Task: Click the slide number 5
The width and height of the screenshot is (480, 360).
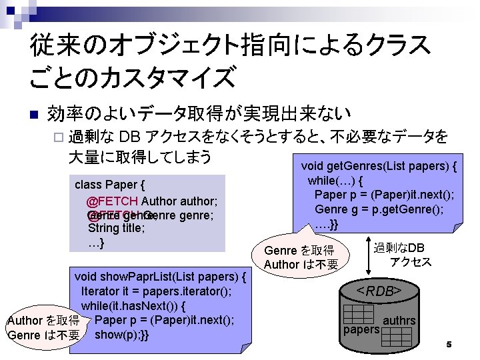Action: tap(449, 344)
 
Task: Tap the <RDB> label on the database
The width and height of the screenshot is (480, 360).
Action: tap(378, 291)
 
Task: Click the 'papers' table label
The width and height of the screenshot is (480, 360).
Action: tap(361, 329)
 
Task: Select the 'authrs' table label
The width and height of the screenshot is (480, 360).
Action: tap(399, 321)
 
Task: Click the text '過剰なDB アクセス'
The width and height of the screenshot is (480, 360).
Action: tap(403, 255)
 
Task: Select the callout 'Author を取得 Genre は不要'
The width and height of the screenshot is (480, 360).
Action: tap(43, 327)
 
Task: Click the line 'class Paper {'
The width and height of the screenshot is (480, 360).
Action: tap(110, 184)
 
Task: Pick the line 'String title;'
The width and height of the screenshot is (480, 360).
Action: tap(117, 228)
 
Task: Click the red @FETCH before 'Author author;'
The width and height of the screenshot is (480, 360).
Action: tap(112, 201)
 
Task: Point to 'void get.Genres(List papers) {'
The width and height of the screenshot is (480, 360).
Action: tap(379, 167)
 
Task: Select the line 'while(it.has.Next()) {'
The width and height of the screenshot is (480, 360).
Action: tap(133, 306)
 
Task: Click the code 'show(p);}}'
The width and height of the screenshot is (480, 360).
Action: tap(122, 334)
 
